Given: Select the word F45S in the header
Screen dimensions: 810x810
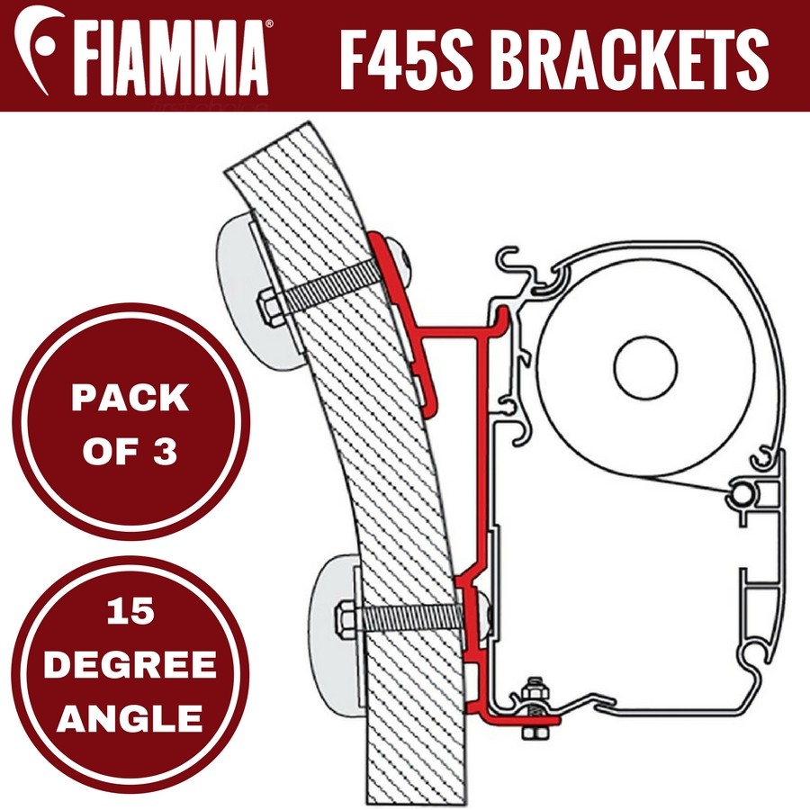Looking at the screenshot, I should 405,55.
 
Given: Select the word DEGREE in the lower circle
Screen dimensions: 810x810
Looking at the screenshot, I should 131,666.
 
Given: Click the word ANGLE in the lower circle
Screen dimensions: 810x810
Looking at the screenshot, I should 131,717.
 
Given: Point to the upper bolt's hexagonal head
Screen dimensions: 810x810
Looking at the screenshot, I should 270,310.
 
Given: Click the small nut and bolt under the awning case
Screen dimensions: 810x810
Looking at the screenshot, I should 535,706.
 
